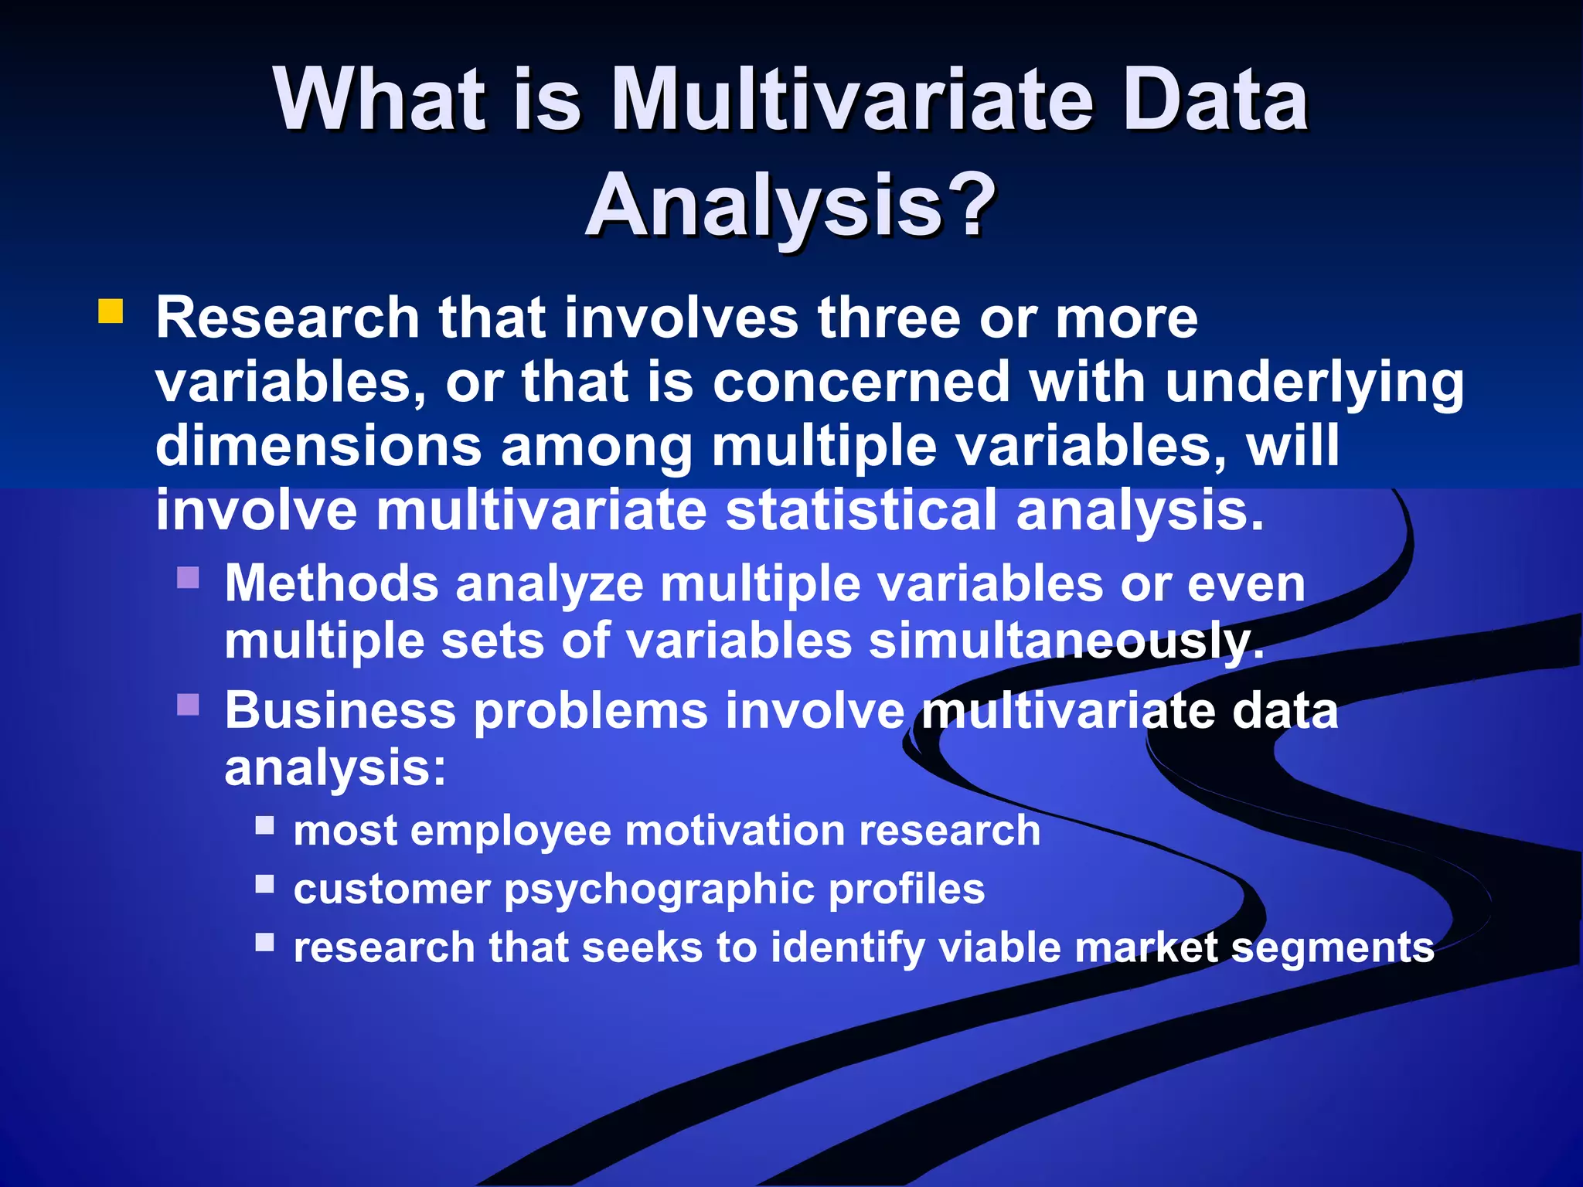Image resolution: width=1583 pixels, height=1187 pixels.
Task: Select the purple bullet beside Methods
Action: click(x=188, y=577)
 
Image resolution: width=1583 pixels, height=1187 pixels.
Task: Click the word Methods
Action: click(x=332, y=583)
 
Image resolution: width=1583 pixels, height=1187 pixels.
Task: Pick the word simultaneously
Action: click(x=1067, y=642)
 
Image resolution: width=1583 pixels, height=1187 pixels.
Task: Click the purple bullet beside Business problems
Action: click(x=188, y=704)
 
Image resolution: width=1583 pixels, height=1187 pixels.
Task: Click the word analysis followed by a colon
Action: click(x=335, y=769)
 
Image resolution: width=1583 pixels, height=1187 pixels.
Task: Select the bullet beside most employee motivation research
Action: click(x=265, y=826)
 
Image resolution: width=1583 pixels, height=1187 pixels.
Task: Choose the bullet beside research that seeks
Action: click(x=265, y=942)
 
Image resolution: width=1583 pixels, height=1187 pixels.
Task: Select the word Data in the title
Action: click(x=1214, y=100)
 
